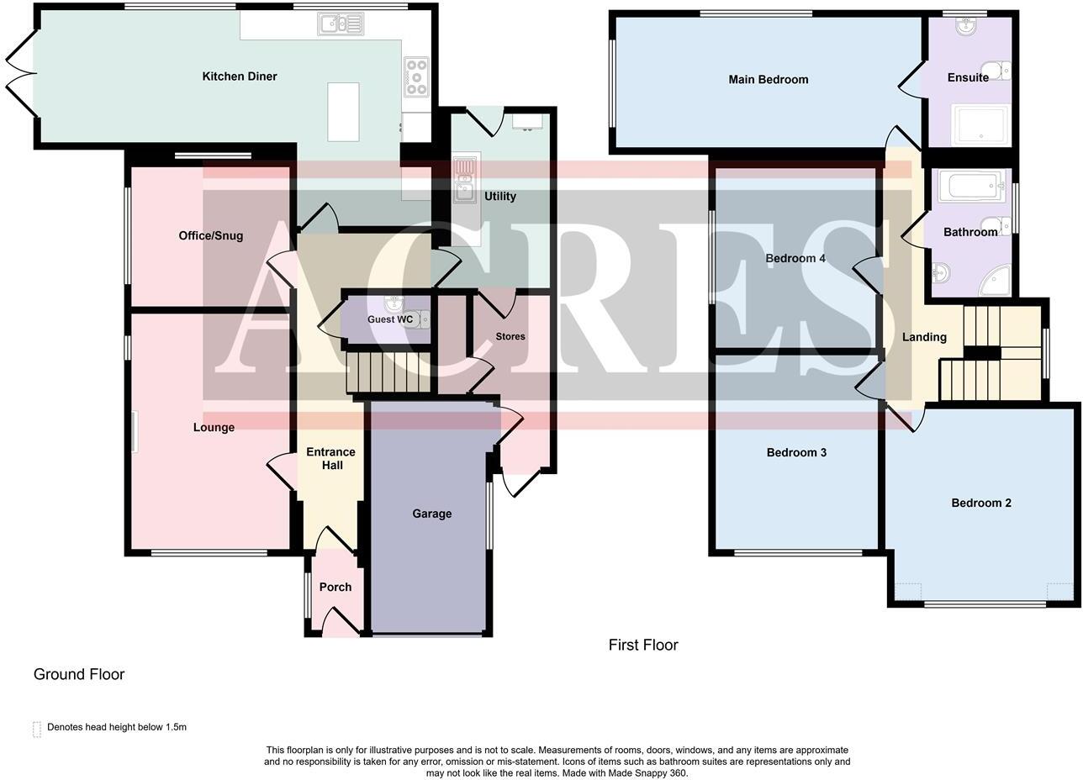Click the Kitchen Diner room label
[x=240, y=76]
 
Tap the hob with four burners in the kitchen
[x=416, y=76]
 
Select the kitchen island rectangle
[x=343, y=112]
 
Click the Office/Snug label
[x=211, y=236]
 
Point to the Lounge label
[x=214, y=428]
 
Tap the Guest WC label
[x=390, y=320]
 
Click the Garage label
[x=431, y=514]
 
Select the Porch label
[x=335, y=588]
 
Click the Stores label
[x=510, y=337]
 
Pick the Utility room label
[x=500, y=197]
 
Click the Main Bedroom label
[x=769, y=80]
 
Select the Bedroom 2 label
[x=981, y=503]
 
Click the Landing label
[x=924, y=338]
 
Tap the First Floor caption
[x=643, y=646]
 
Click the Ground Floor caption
[x=79, y=675]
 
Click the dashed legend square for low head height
[x=37, y=729]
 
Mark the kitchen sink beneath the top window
[x=341, y=24]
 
